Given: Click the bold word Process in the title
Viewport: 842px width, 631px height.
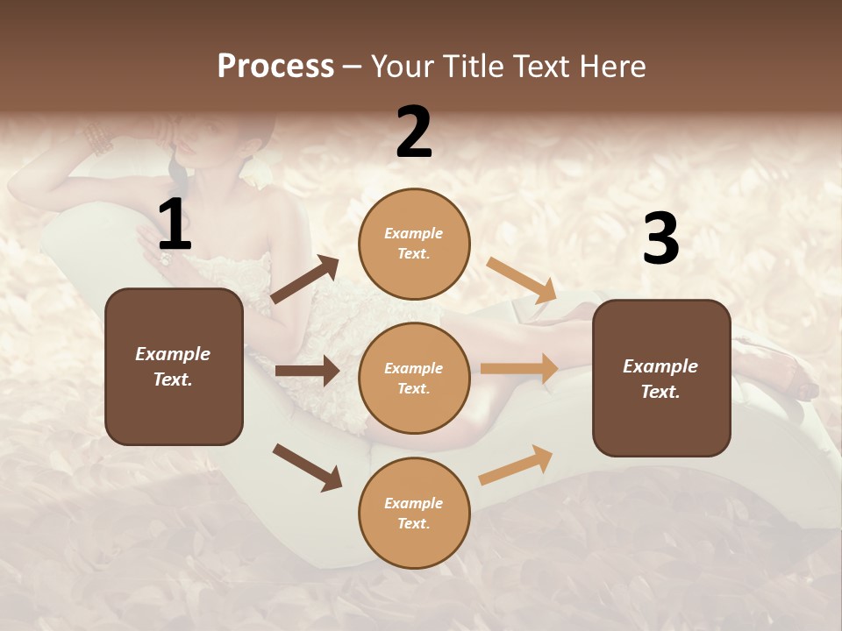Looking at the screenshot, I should [275, 67].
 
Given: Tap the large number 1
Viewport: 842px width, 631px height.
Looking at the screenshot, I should [175, 225].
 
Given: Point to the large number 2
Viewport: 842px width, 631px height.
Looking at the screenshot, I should [414, 132].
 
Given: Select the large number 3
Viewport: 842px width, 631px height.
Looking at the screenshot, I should [660, 238].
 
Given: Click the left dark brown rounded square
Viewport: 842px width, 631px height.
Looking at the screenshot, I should [174, 366].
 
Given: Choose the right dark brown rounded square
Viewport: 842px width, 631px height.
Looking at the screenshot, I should [661, 378].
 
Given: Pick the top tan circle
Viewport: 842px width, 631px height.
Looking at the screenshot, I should [414, 243].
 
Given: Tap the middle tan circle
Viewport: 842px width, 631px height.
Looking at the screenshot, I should [414, 378].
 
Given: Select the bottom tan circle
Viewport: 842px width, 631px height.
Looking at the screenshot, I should [414, 513].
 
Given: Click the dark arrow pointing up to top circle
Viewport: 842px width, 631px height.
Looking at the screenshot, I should [305, 280].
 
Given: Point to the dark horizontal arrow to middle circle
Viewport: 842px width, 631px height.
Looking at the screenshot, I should [307, 371].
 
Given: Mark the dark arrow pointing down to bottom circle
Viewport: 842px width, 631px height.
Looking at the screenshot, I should [307, 467].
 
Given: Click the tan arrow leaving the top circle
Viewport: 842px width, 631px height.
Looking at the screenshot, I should [522, 280].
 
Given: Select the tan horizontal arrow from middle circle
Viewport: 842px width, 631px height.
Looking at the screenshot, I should [519, 368].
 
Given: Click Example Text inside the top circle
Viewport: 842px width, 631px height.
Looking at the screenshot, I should [414, 243].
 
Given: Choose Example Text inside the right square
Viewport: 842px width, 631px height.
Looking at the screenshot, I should [660, 379].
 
